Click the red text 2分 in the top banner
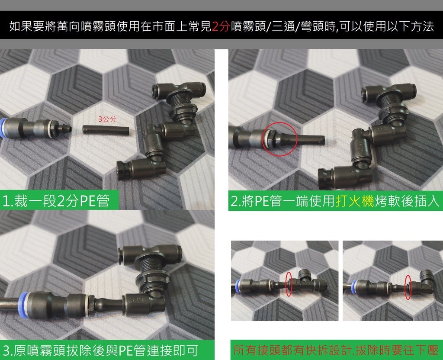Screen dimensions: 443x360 pos(220,26)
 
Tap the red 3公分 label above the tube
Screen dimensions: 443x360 pos(107,119)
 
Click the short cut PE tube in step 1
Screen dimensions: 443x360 pos(106,130)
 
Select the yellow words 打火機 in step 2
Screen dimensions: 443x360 pos(355,201)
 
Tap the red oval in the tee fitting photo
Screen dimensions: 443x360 pos(289,284)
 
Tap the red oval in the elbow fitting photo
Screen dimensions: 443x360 pos(408,287)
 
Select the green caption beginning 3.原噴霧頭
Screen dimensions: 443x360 pos(100,350)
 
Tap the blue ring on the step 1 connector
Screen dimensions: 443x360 pos(3,128)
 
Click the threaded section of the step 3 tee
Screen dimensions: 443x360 pos(154,267)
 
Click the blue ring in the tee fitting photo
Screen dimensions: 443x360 pos(238,285)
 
